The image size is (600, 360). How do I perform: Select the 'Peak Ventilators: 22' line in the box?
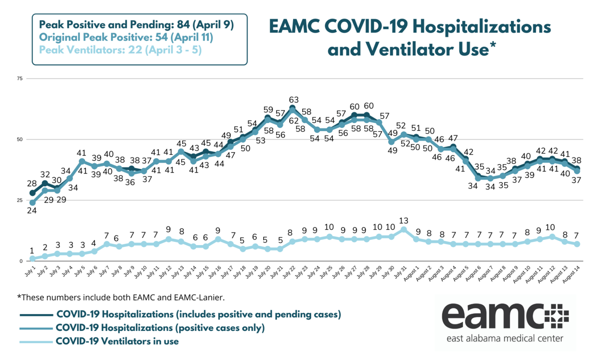120,50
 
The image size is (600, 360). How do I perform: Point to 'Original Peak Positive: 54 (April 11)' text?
126,37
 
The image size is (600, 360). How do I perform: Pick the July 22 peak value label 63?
293,99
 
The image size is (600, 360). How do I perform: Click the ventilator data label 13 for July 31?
403,220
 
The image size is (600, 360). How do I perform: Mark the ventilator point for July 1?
32,258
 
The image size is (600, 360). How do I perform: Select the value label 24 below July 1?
31,210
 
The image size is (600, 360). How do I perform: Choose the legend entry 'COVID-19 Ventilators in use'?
117,341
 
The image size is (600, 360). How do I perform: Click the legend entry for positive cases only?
160,328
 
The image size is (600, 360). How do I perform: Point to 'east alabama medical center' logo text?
505,338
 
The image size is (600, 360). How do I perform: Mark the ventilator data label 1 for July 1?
31,251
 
